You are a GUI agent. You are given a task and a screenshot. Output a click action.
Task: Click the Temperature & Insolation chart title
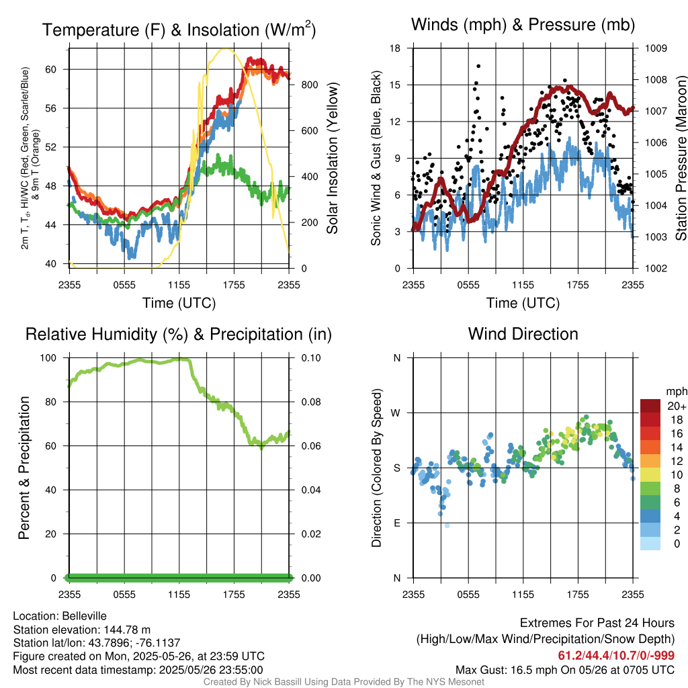point(179,30)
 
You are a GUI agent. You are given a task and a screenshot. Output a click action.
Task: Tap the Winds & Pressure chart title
point(523,25)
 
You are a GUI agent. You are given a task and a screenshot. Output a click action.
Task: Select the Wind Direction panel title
point(523,334)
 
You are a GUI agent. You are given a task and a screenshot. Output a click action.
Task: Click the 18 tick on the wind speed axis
point(396,48)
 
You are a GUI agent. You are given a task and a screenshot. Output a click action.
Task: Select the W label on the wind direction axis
point(396,413)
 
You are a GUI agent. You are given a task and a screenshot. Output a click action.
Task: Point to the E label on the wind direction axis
point(396,523)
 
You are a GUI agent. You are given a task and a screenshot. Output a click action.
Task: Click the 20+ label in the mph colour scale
point(675,406)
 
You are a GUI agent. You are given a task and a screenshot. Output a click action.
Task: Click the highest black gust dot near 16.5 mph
point(478,66)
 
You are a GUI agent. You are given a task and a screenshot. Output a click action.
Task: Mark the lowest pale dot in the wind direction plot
point(447,525)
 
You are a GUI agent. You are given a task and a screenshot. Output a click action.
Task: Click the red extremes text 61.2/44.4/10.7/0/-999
point(616,656)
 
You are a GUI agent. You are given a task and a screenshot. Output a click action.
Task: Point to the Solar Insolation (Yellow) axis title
point(333,159)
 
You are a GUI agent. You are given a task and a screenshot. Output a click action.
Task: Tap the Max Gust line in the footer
point(564,669)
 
